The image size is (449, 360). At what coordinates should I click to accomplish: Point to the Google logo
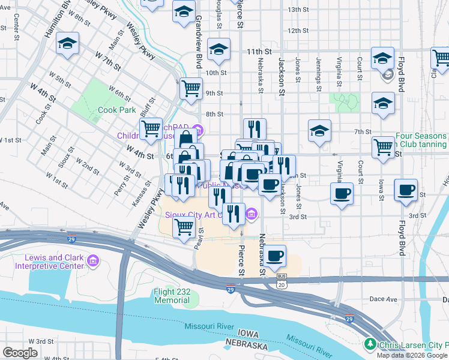[x=20, y=353]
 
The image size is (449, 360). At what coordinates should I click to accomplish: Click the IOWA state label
[x=247, y=333]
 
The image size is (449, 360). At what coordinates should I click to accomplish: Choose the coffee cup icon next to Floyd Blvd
[x=406, y=191]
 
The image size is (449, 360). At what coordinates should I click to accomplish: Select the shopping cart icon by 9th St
[x=191, y=89]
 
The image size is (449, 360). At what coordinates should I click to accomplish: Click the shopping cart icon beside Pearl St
[x=184, y=227]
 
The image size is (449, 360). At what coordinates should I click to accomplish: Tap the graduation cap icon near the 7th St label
[x=320, y=130]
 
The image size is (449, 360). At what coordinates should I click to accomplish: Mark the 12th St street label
[x=298, y=31]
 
